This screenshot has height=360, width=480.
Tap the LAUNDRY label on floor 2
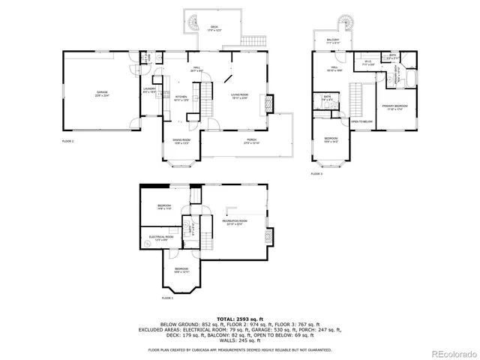point(148,91)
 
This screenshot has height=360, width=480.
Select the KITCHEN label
point(181,97)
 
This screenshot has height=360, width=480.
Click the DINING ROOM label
point(181,142)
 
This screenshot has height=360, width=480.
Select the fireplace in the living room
point(271,104)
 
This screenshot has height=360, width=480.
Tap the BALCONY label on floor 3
point(333,41)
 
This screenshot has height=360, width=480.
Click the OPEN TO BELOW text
point(361,121)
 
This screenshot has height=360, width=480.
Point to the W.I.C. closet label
point(368,64)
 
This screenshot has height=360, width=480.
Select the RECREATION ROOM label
point(234,222)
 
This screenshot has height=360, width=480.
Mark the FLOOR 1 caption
point(167,298)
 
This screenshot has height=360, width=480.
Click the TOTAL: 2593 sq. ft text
point(239,319)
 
